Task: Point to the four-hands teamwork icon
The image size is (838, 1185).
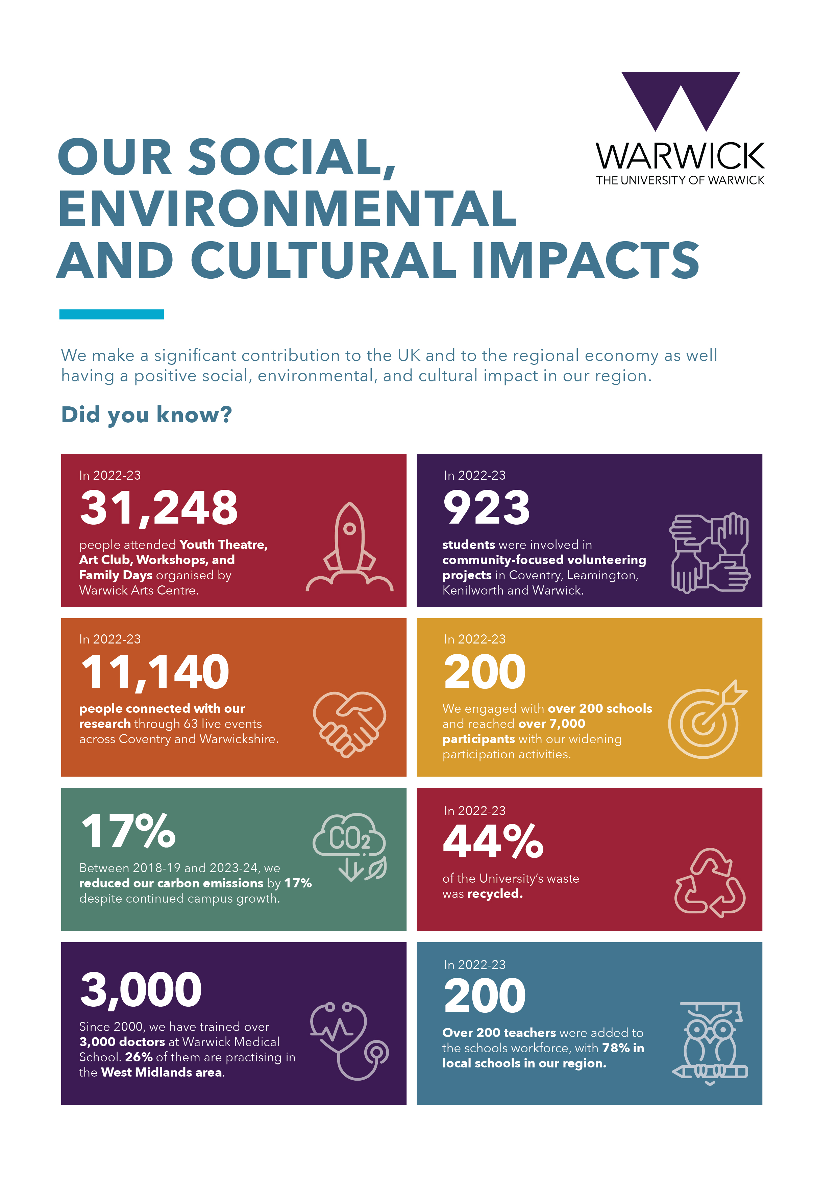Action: coord(710,553)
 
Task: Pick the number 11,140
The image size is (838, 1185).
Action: coord(155,672)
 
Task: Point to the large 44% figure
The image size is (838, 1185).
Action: coord(493,841)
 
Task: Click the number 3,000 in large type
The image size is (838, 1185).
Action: coord(141,989)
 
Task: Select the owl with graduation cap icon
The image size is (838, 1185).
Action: coord(710,1042)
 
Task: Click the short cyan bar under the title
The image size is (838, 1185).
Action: coord(112,314)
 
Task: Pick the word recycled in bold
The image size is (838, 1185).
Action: coord(495,893)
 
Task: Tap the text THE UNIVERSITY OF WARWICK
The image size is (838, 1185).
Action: coord(680,180)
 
